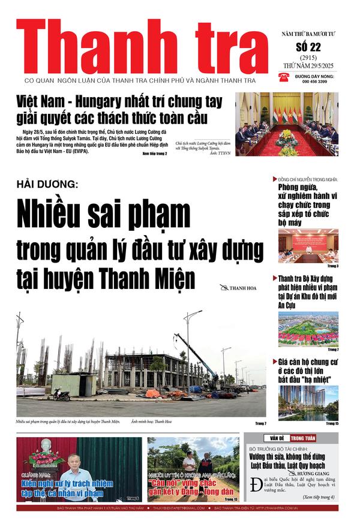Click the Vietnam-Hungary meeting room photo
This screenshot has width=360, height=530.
click(287, 124)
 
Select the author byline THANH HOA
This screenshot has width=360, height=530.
click(242, 288)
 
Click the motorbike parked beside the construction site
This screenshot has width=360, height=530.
click(62, 395)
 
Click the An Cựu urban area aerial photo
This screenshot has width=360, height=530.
click(308, 329)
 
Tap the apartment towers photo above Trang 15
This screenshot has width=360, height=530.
click(308, 403)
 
